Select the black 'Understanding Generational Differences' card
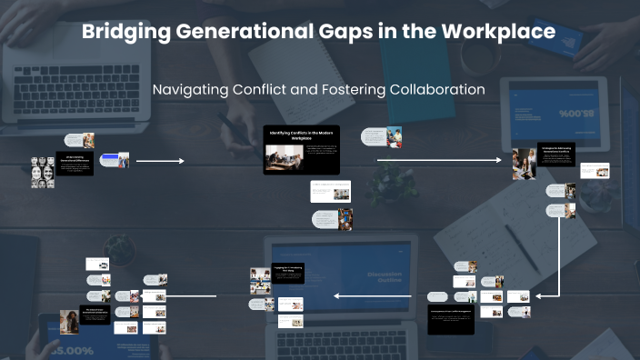point(75,165)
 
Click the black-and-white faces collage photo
point(43,170)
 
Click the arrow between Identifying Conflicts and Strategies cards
point(438,161)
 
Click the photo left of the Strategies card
point(524,164)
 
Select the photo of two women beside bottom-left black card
point(69,321)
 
